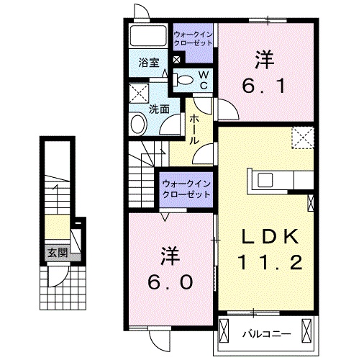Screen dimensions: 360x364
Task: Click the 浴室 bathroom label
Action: pyautogui.click(x=150, y=63)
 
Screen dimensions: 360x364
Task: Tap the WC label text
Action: pyautogui.click(x=204, y=80)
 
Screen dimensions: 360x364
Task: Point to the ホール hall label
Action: pyautogui.click(x=194, y=130)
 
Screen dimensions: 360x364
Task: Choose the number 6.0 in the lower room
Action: pyautogui.click(x=170, y=282)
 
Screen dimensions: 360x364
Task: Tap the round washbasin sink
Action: pyautogui.click(x=137, y=124)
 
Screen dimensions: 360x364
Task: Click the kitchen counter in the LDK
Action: pyautogui.click(x=281, y=180)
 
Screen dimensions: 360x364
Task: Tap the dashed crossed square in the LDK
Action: pyautogui.click(x=303, y=137)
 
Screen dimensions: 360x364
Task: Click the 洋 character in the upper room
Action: pyautogui.click(x=264, y=58)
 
